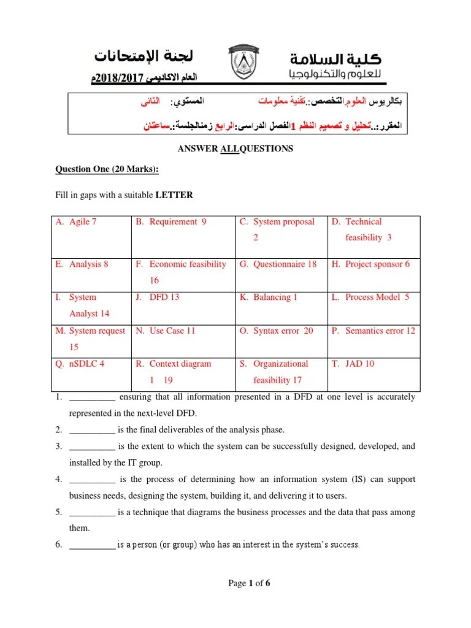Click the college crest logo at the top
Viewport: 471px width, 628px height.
pos(248,64)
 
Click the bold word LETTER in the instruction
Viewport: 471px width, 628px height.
pos(174,196)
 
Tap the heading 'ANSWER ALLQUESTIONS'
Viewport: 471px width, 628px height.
pos(235,148)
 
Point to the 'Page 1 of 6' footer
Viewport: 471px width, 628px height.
pos(249,584)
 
